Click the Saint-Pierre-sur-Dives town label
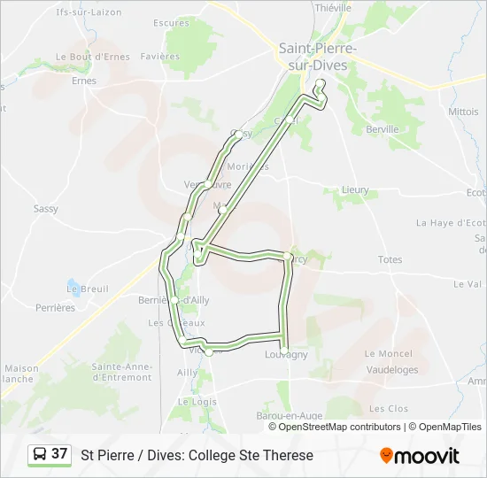pyautogui.click(x=317, y=57)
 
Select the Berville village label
pyautogui.click(x=383, y=128)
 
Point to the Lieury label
pyautogui.click(x=355, y=190)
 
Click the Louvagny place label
pyautogui.click(x=286, y=354)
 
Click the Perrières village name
pyautogui.click(x=56, y=308)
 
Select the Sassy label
pyautogui.click(x=46, y=209)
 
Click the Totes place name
pyautogui.click(x=390, y=259)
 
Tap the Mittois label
pyautogui.click(x=463, y=112)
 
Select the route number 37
pyautogui.click(x=59, y=453)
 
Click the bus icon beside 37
pyautogui.click(x=40, y=454)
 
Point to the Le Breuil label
pyautogui.click(x=88, y=289)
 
